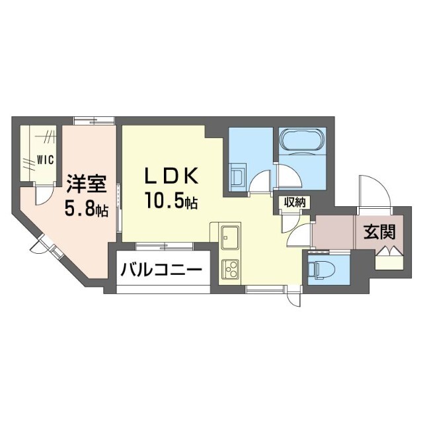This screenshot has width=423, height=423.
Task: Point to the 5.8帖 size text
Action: point(87,210)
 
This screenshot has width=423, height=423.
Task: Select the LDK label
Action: point(169,176)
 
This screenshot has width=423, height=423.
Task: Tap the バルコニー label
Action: point(161,270)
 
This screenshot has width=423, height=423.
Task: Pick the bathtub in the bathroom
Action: point(301,140)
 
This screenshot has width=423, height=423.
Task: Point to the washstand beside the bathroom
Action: point(237,177)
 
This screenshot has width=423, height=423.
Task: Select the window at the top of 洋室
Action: point(93,120)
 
